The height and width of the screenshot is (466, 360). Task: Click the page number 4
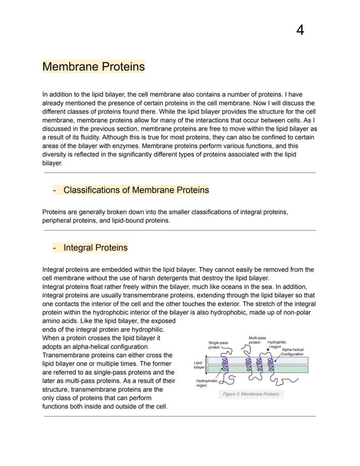tap(300, 30)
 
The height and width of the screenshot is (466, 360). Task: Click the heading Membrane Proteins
tap(93, 67)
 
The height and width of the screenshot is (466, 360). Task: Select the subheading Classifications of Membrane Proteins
tap(136, 190)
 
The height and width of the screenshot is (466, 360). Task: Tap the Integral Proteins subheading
tap(95, 248)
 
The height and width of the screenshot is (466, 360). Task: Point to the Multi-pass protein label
tap(257, 340)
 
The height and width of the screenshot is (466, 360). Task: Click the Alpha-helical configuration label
tap(292, 352)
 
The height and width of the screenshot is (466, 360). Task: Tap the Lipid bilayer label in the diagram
tap(199, 365)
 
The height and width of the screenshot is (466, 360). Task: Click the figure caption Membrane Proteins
tap(251, 394)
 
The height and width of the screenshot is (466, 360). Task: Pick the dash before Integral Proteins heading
tap(54, 248)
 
